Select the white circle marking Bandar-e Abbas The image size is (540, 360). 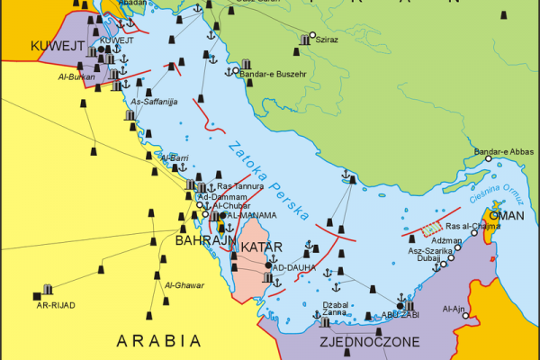click(489, 158)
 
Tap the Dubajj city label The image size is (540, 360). click(428, 258)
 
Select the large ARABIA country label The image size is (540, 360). click(158, 341)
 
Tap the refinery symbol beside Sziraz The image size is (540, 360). click(301, 40)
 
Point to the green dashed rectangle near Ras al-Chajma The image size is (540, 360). click(434, 229)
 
